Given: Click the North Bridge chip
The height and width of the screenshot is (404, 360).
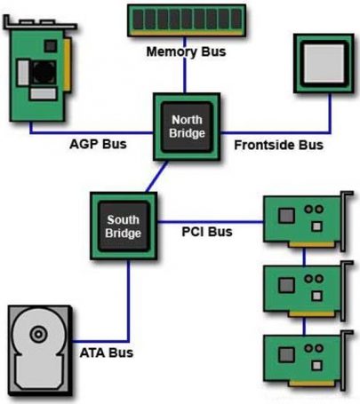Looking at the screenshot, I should tap(187, 127).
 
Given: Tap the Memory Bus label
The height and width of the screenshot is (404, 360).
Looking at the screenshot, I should tap(186, 52).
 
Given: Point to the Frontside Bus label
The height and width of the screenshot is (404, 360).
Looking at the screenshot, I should tap(278, 144).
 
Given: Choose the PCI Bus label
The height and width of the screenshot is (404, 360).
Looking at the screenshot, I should tap(208, 233).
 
